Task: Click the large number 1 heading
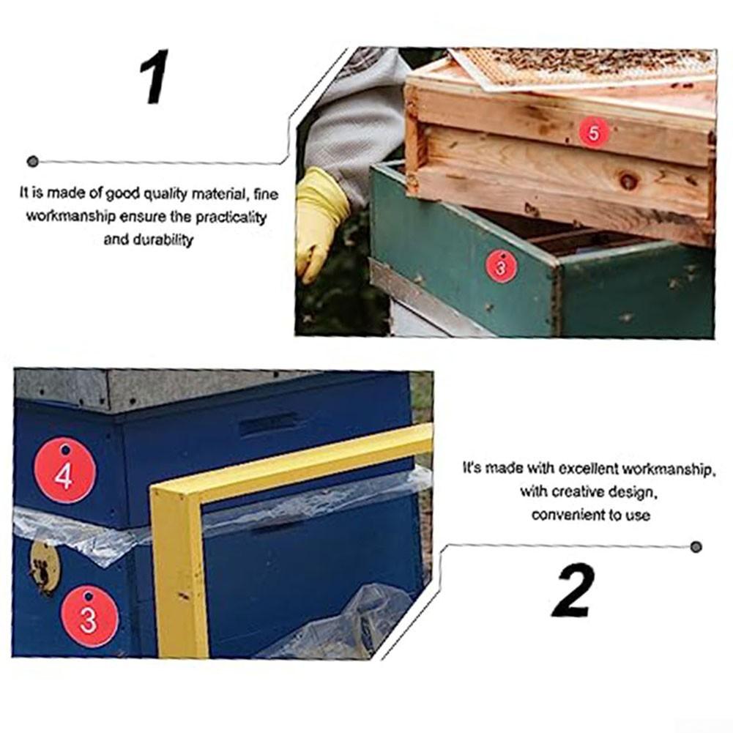coord(155,77)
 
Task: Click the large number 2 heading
coord(573,590)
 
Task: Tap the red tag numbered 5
coord(594,133)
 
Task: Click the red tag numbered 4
coord(65,471)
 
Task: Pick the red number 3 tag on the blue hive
coord(89,617)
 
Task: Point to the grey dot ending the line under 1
coord(33,162)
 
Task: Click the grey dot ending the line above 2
coord(696,547)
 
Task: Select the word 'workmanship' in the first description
coord(70,217)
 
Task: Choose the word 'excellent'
coord(589,469)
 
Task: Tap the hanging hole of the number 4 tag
coord(65,450)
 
